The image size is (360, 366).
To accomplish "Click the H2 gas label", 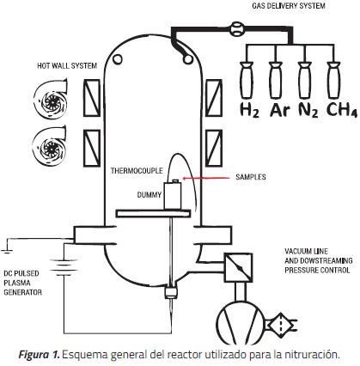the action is pos(249,110).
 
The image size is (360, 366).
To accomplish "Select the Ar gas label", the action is pos(279,110).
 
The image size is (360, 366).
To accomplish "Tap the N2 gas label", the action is pos(308,110).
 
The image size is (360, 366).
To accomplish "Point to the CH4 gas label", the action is pos(342,110).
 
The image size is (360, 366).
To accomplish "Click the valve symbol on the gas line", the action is pos(237,28).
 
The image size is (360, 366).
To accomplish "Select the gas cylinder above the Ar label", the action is pos(275,80).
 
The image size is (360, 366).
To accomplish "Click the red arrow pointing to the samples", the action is pos(206,178).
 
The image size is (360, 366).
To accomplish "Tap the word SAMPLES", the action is pos(251,177).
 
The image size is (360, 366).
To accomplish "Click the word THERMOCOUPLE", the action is pos(137,171).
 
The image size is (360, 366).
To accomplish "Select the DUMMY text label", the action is pos(149,195).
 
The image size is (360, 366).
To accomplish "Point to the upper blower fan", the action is pos(50,98).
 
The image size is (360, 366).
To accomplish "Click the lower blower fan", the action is pos(49,147).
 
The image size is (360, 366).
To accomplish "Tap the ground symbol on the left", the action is pos(7,251).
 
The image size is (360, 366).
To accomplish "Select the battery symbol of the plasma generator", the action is pos(64,267).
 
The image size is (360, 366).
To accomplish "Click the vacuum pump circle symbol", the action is pos(241,322).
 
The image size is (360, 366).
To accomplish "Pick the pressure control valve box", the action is pos(238,267).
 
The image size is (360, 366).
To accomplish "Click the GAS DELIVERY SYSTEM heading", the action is pos(289,6).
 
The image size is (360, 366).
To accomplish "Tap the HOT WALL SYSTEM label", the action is pos(67,66).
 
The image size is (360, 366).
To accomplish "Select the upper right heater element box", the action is pos(214,98).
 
